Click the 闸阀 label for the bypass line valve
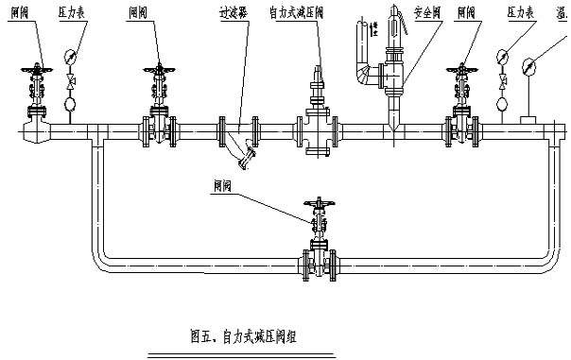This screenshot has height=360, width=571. [x=223, y=188]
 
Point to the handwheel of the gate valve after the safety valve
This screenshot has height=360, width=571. [x=461, y=68]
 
